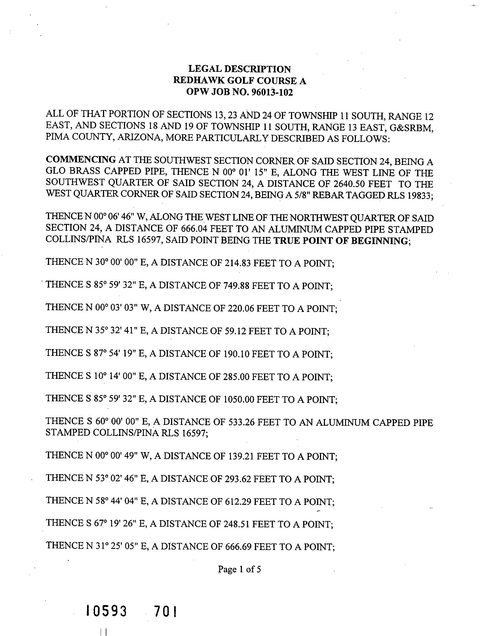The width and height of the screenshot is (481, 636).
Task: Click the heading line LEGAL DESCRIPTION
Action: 239,69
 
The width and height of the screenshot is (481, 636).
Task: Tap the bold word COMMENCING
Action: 81,159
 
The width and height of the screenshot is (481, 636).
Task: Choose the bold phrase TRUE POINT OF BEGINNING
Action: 340,241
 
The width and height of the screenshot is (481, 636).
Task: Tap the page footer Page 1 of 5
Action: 239,569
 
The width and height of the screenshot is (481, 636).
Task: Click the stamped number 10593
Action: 106,611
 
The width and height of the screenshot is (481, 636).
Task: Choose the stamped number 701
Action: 166,611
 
